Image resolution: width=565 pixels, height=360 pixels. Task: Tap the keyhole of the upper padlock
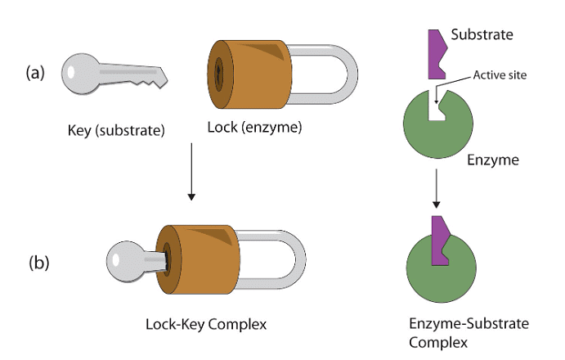point(218,75)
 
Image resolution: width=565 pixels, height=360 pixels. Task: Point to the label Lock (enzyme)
point(249,128)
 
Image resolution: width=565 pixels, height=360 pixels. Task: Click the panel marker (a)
point(34,72)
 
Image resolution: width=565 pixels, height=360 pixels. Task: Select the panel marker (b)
point(38,263)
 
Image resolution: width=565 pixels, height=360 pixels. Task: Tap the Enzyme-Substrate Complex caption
point(467,331)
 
